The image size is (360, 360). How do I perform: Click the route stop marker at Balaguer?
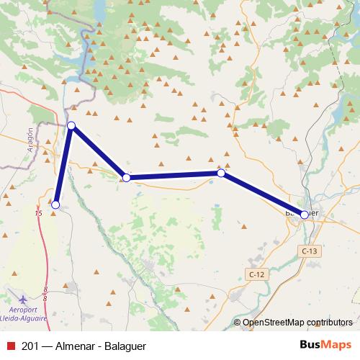305,215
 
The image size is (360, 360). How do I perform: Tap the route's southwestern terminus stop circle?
55,205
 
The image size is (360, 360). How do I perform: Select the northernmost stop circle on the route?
71,126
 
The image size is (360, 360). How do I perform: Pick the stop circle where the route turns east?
126,177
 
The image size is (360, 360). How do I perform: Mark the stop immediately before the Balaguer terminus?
221,173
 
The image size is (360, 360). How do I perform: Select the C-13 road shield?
309,251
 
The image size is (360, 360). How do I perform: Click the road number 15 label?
38,213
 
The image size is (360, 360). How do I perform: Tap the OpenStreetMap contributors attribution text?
297,322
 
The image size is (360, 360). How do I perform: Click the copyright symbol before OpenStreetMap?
237,322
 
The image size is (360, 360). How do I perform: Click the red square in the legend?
10,345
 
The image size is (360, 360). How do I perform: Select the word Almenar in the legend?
78,345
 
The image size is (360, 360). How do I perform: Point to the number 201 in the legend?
31,345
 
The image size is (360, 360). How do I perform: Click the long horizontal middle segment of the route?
174,175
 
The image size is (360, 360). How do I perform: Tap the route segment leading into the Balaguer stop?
263,194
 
